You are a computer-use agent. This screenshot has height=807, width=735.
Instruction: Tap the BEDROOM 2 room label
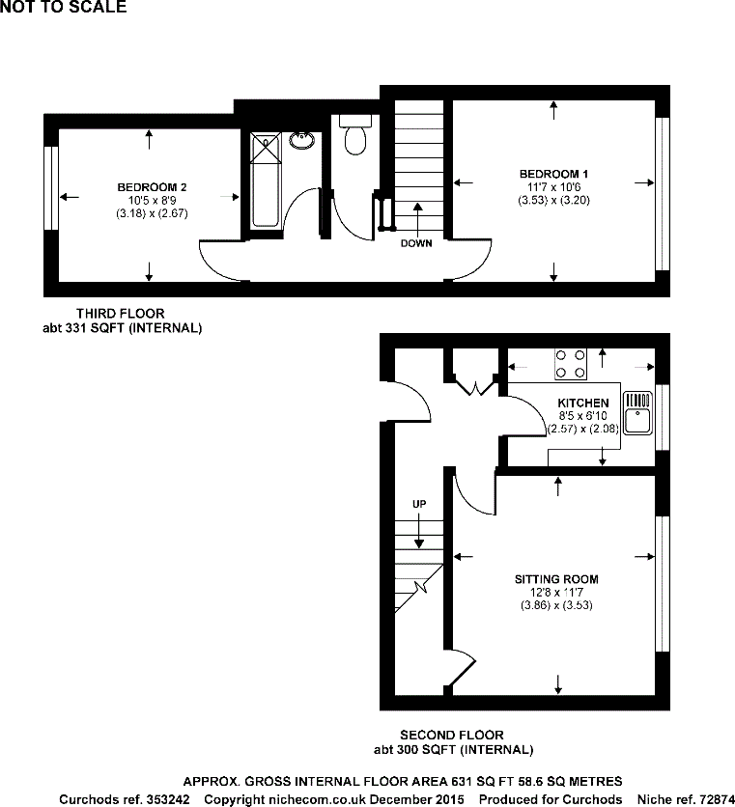coord(152,186)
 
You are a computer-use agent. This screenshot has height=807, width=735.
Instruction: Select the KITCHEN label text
coord(582,403)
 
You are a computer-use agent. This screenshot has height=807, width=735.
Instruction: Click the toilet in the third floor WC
coord(355,137)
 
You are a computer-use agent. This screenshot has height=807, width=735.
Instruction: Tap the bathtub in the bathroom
coord(265,181)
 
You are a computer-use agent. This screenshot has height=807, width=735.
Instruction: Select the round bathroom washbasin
coord(302,141)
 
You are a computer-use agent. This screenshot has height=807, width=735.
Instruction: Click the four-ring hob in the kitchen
coord(571,364)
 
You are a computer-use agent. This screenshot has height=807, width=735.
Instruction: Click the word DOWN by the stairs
coord(416,243)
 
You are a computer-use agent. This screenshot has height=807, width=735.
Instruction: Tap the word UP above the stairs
coord(419,504)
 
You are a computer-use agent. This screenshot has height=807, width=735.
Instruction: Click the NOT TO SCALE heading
coord(63,8)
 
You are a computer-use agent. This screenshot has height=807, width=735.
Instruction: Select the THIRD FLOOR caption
coord(121,313)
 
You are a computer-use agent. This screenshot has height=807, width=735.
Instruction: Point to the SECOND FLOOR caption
coord(452,736)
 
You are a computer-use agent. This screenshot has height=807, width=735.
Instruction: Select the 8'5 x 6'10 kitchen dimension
coord(582,416)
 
